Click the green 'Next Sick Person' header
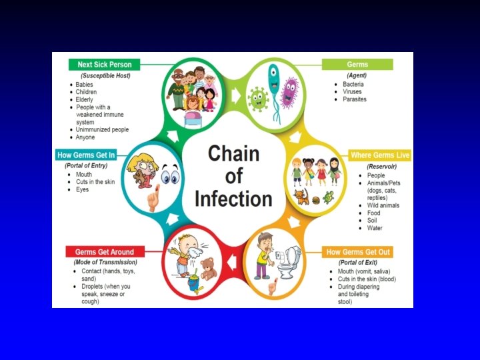pyautogui.click(x=103, y=65)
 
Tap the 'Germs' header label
pyautogui.click(x=357, y=65)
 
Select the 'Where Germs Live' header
pyautogui.click(x=380, y=155)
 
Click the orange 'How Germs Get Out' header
pyautogui.click(x=358, y=252)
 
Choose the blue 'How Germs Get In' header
pyautogui.click(x=86, y=155)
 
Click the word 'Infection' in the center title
pyautogui.click(x=233, y=199)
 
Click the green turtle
pyautogui.click(x=328, y=197)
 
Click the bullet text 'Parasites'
pyautogui.click(x=354, y=99)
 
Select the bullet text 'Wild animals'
pyautogui.click(x=383, y=205)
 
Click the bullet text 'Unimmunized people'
pyautogui.click(x=102, y=129)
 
